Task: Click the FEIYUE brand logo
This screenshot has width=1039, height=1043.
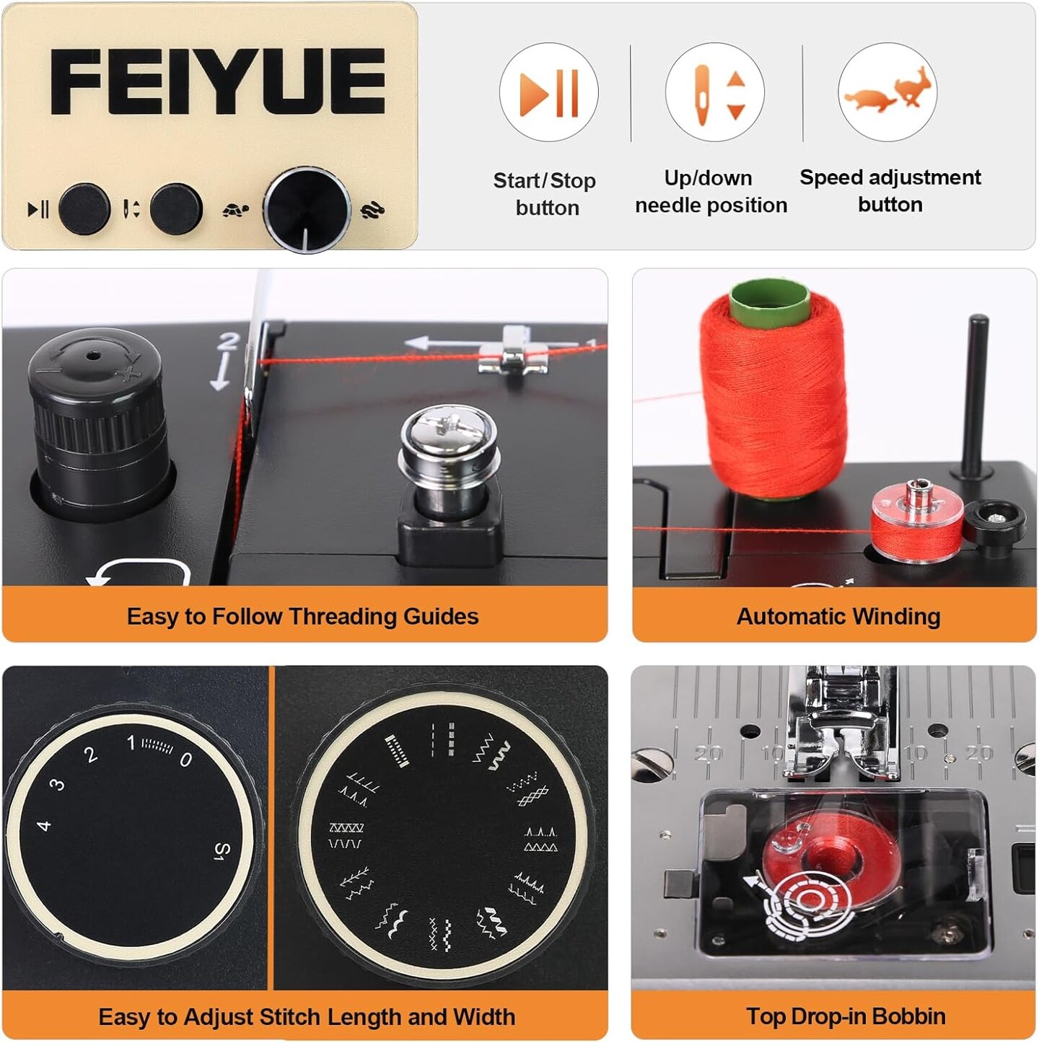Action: (x=218, y=82)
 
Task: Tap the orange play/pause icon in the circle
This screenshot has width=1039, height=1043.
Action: (x=549, y=92)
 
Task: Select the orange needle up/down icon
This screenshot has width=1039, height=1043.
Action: (x=716, y=92)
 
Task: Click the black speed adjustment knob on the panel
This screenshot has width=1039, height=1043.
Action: (x=307, y=210)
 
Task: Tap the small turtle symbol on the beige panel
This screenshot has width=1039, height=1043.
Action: (x=236, y=209)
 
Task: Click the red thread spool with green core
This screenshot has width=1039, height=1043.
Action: (x=773, y=389)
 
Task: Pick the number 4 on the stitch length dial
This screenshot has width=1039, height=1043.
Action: (x=44, y=826)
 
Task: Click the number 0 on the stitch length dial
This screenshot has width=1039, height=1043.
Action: (x=185, y=760)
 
